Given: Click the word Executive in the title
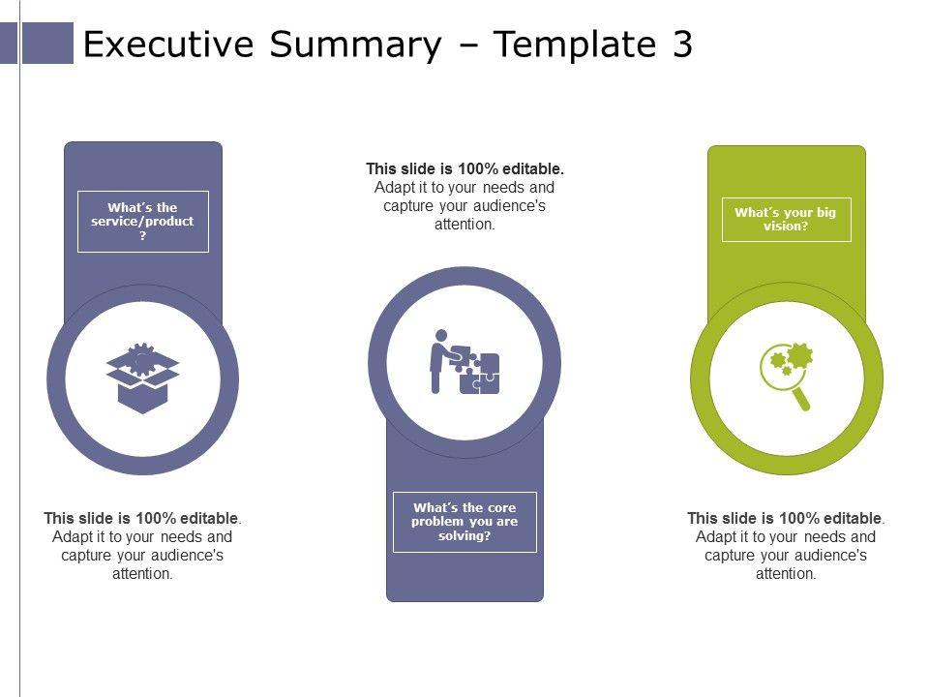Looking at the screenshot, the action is (x=168, y=44).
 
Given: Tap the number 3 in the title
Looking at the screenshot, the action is (x=682, y=44).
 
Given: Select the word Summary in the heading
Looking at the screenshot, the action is (x=355, y=45).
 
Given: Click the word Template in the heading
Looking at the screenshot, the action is (x=574, y=45).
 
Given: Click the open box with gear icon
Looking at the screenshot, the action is (x=143, y=378).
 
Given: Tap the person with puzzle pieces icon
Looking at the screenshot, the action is (x=464, y=361).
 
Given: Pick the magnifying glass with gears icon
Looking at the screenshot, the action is (x=786, y=377).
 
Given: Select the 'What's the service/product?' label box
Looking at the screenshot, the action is (x=143, y=222).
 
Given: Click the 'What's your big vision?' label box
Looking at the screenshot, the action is (x=786, y=220).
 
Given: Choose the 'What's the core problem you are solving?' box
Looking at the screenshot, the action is (x=464, y=522).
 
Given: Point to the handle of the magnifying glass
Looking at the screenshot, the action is (x=800, y=398).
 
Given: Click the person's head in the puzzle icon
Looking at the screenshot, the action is (x=441, y=336).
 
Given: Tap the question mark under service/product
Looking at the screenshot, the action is (x=143, y=236).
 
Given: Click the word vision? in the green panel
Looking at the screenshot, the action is (x=786, y=226).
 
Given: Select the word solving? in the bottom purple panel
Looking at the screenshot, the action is (x=464, y=535).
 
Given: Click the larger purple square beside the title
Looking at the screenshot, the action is (x=47, y=43).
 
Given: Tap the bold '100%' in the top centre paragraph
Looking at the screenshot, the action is (x=478, y=168).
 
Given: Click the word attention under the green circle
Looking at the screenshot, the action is (x=785, y=574).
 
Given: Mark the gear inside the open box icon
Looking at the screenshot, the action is (x=142, y=359).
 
